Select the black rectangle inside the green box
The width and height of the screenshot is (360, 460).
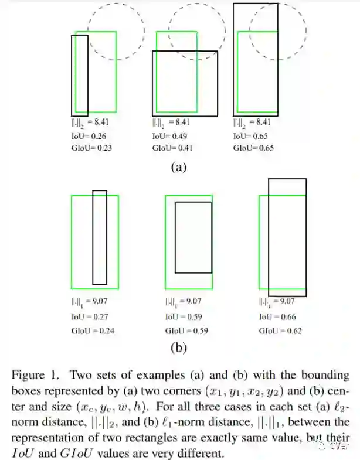tap(193, 237)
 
